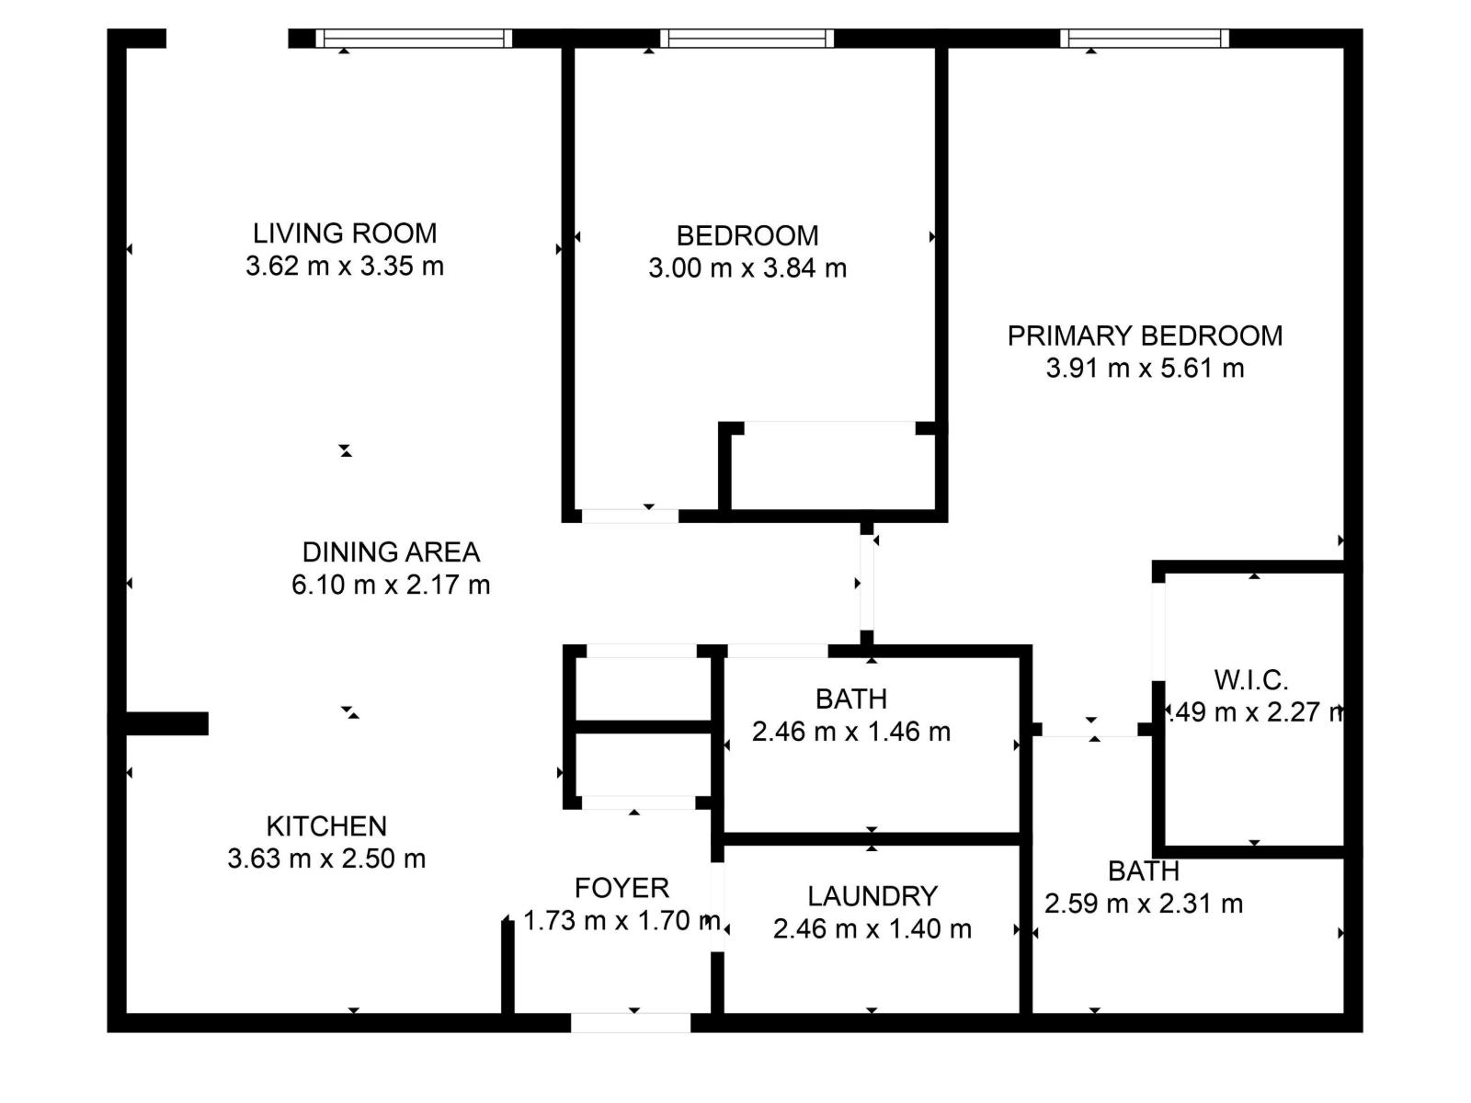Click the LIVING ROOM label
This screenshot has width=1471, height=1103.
(345, 233)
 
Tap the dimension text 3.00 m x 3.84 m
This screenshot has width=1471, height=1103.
(747, 268)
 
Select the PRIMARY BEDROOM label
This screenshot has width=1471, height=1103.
(1145, 335)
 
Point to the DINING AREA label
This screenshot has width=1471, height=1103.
(391, 552)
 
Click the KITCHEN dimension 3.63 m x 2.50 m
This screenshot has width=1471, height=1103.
(326, 859)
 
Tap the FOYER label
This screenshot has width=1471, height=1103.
(621, 888)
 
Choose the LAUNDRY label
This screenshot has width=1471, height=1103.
(872, 896)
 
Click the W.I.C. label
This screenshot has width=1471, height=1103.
(1250, 680)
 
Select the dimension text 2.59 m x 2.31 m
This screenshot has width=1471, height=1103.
(1143, 904)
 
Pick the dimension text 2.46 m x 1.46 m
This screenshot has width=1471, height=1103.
(850, 732)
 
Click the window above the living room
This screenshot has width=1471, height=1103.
(414, 39)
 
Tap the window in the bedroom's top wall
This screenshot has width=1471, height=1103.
(747, 39)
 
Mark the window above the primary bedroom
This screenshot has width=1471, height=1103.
(1145, 39)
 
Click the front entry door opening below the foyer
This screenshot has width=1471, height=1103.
(631, 1022)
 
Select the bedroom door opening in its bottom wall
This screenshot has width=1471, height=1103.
(631, 516)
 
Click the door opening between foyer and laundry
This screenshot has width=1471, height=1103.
(717, 905)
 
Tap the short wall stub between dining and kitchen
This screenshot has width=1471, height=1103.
(165, 723)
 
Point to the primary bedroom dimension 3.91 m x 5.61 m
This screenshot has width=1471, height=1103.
(1145, 369)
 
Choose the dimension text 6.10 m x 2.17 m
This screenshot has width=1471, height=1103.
(391, 585)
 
